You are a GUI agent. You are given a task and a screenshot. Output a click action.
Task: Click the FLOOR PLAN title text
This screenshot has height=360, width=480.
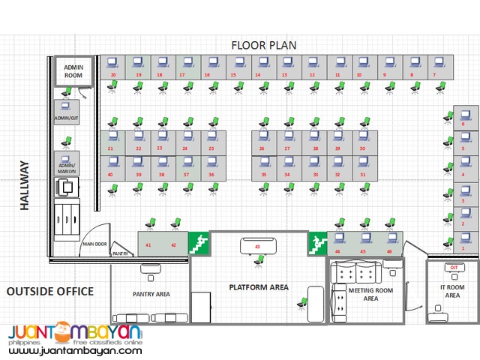coord(263,45)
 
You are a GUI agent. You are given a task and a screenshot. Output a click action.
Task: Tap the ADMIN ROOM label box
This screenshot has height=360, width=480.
coord(73,70)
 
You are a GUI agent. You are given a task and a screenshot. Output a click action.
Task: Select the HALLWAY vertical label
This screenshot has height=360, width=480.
coord(24,184)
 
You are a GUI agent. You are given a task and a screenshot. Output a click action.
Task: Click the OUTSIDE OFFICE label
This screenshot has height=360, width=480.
coord(50,291)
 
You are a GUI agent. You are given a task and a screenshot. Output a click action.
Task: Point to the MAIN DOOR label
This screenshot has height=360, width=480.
coord(94,244)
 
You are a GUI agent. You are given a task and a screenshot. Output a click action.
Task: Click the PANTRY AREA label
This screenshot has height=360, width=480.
coord(151,294)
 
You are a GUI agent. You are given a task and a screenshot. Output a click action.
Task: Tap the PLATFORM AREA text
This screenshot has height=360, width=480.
coord(258,287)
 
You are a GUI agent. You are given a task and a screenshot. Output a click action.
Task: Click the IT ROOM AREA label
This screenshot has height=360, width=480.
coord(452,292)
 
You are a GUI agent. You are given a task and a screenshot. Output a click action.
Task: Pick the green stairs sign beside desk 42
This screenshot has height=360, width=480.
coord(198,242)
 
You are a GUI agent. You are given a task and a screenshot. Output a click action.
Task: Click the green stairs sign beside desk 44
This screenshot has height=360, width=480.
coord(318,242)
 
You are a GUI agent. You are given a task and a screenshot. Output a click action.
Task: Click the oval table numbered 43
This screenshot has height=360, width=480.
coord(258,245)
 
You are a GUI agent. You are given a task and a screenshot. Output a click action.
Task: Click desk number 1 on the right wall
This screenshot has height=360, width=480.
coord(463,241)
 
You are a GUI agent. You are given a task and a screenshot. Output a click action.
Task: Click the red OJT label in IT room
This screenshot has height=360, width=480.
coord(453,267)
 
